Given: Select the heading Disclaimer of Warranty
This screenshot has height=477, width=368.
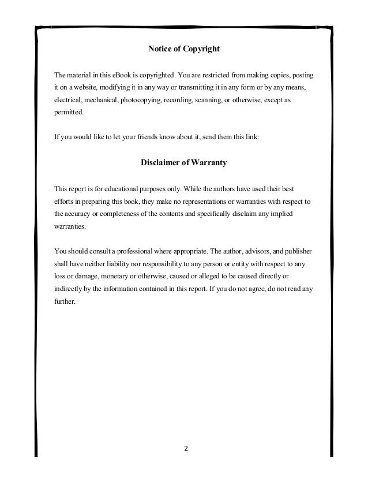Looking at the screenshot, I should [x=183, y=163].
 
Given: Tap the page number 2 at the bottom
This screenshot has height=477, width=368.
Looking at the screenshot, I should [x=185, y=448].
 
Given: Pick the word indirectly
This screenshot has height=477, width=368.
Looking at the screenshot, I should [x=68, y=288].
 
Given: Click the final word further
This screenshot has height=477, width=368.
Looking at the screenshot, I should [x=64, y=301].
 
